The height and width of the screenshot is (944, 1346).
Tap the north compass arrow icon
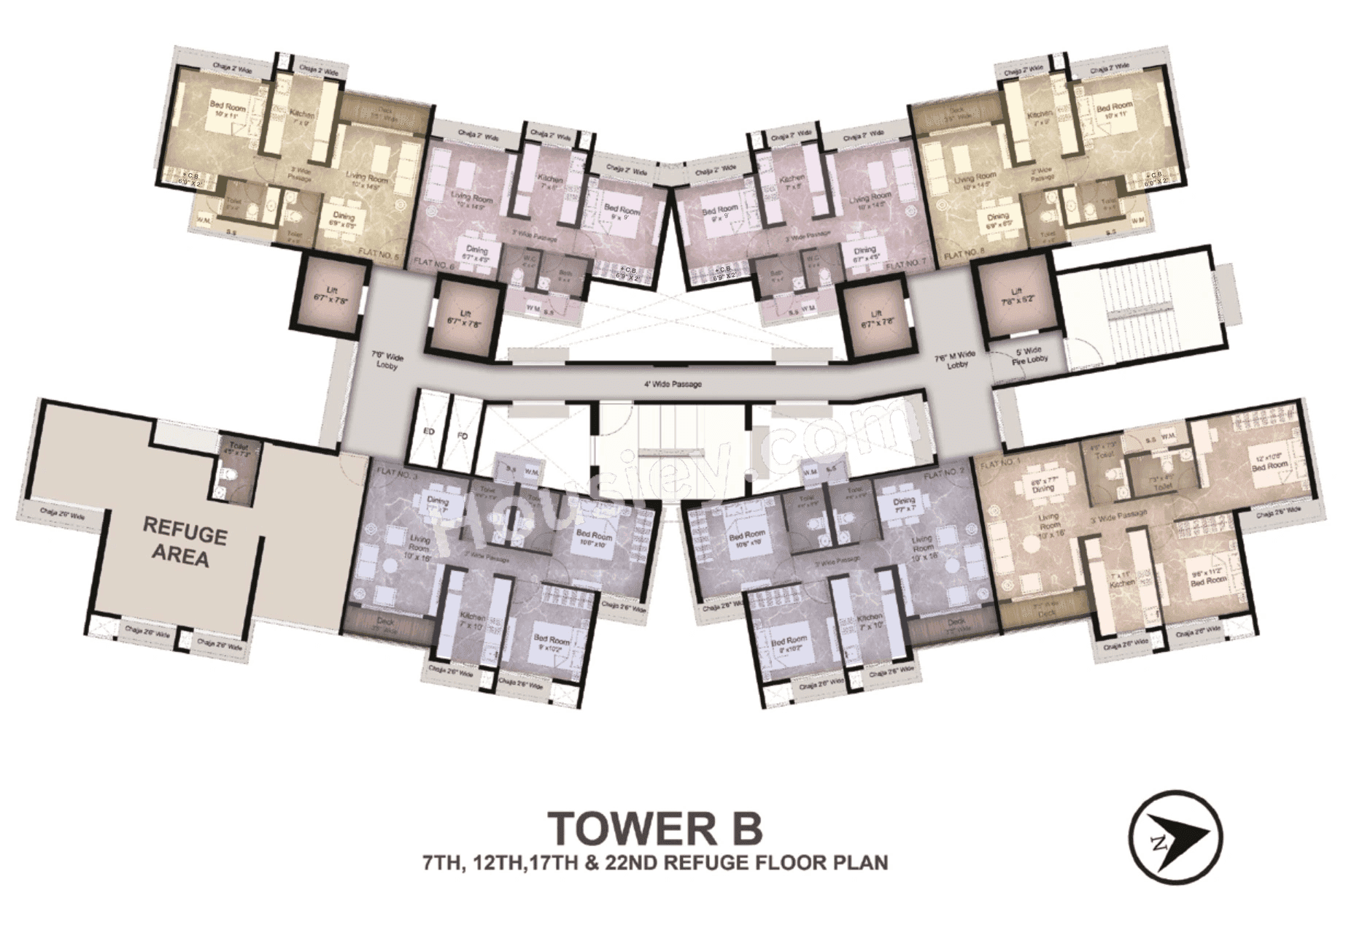coord(1175,837)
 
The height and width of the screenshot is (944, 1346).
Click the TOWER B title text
coord(654,826)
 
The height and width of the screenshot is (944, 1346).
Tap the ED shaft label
coord(429,432)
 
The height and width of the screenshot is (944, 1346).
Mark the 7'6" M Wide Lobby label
coord(953,362)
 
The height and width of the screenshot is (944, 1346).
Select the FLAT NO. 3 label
coord(397,472)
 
